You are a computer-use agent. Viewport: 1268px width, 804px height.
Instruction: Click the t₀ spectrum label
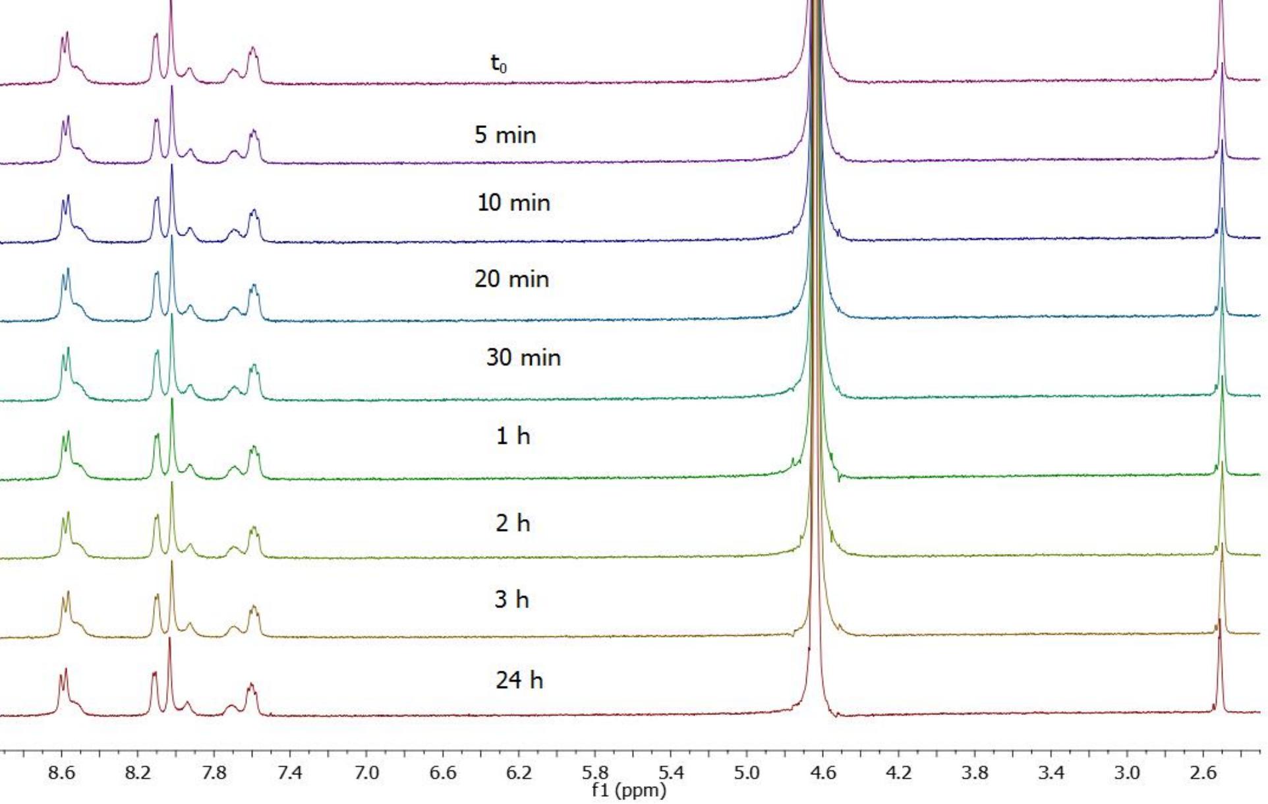[x=499, y=64]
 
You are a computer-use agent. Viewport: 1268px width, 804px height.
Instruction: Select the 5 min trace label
[x=505, y=135]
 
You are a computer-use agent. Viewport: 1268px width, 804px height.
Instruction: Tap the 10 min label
[x=513, y=202]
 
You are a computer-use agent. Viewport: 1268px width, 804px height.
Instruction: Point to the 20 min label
[x=511, y=279]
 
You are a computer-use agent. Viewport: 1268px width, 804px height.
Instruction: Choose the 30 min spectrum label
[x=523, y=357]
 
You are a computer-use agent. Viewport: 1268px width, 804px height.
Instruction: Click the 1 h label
[x=513, y=436]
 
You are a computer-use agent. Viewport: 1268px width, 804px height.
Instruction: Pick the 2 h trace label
[x=513, y=523]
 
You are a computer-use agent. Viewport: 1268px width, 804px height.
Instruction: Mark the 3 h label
[x=512, y=600]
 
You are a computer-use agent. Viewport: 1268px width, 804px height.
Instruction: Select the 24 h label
[x=519, y=680]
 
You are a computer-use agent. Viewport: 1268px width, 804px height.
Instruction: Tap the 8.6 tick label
[x=61, y=772]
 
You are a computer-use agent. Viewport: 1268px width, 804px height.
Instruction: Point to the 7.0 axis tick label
[x=366, y=772]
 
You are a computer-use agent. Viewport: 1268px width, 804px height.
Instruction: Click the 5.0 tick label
[x=747, y=772]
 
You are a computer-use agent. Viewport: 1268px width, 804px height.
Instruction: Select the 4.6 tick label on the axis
[x=822, y=772]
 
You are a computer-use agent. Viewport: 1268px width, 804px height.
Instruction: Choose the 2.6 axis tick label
[x=1203, y=772]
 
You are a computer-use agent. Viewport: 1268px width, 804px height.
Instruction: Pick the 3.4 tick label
[x=1051, y=772]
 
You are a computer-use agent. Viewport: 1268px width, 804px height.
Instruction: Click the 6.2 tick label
[x=519, y=772]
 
